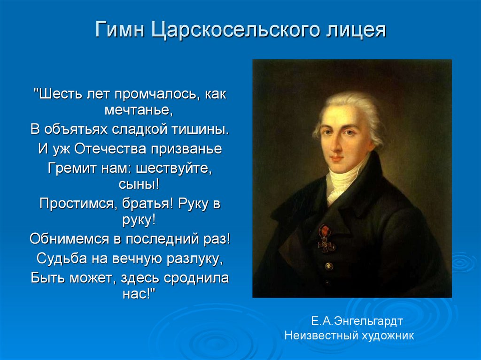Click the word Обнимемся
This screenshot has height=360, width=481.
pos(68,238)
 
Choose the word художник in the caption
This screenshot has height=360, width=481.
pos(387,336)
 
